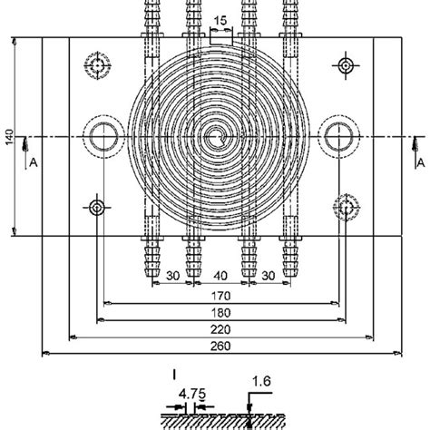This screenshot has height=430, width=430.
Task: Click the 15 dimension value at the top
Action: (x=220, y=20)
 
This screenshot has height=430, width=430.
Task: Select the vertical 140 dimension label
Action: (x=8, y=136)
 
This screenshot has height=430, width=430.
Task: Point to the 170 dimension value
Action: (x=220, y=296)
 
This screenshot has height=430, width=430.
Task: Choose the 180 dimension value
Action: (x=220, y=312)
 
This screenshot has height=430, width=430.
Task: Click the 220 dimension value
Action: (x=220, y=328)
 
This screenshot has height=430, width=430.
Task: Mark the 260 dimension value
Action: (x=220, y=346)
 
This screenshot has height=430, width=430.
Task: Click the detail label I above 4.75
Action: (x=172, y=372)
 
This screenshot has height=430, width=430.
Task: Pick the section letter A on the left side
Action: (x=34, y=162)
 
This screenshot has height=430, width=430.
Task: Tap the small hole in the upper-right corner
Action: (x=344, y=65)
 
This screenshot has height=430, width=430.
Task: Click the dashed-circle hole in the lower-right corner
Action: (x=345, y=208)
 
